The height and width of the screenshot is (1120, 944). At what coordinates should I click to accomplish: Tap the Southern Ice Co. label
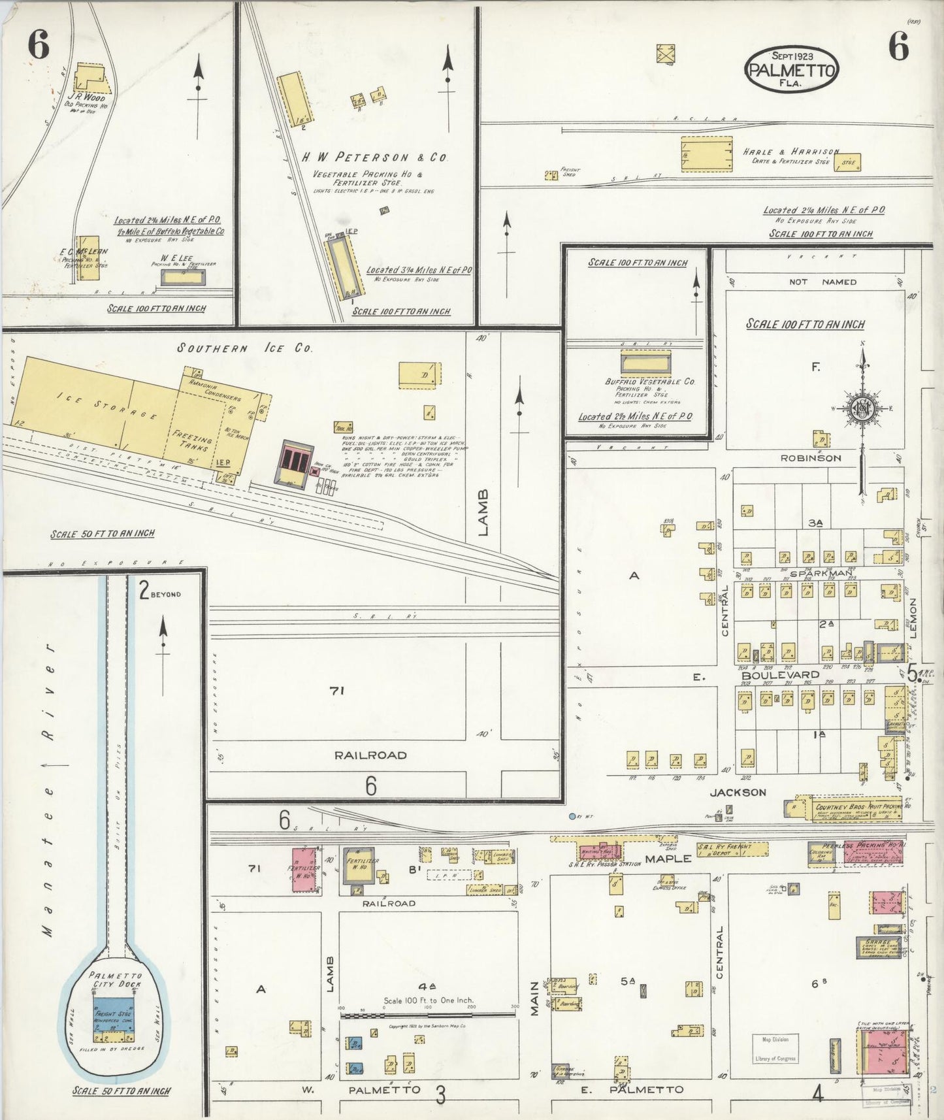(245, 349)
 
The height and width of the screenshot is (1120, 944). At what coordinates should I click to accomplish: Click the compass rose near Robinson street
(862, 409)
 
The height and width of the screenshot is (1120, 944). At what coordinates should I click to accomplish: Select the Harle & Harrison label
(790, 152)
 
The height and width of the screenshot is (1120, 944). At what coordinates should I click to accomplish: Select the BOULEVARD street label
(770, 674)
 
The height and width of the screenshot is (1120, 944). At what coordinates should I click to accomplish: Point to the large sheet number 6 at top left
(38, 46)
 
